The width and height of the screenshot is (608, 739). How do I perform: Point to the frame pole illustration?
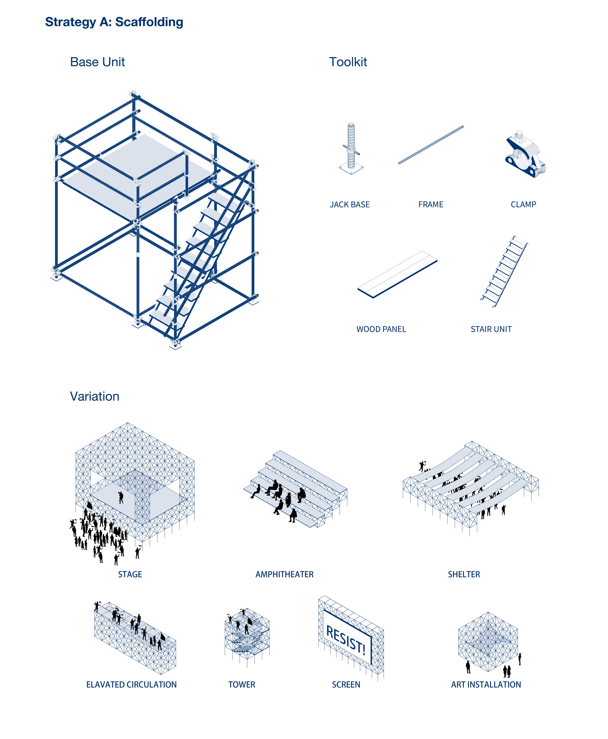[431, 145]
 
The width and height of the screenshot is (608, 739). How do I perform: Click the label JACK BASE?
[349, 205]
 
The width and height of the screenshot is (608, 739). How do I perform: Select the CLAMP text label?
[523, 205]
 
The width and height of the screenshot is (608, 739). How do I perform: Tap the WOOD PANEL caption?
[381, 329]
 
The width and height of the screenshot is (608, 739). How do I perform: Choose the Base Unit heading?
[97, 62]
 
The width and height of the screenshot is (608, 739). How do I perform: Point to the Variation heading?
[95, 396]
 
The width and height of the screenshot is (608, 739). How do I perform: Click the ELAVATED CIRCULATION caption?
[131, 685]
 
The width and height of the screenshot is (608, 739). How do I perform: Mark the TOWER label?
[242, 685]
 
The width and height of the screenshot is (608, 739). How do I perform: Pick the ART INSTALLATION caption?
[486, 685]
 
